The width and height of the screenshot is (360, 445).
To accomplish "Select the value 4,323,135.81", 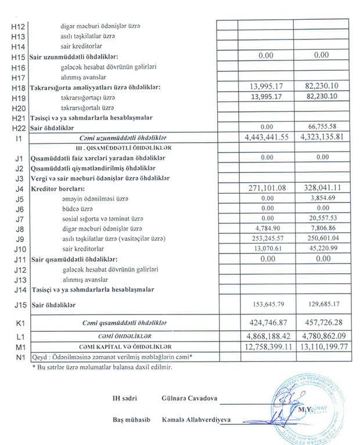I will pos(325,138).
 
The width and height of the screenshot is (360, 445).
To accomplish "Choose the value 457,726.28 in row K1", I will pos(325,323).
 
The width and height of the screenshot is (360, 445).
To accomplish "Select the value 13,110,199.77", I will pos(325,347).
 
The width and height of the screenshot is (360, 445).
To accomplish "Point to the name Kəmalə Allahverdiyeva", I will pos(201,419).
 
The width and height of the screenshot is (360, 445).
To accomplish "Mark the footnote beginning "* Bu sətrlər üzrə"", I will pos(102,367).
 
